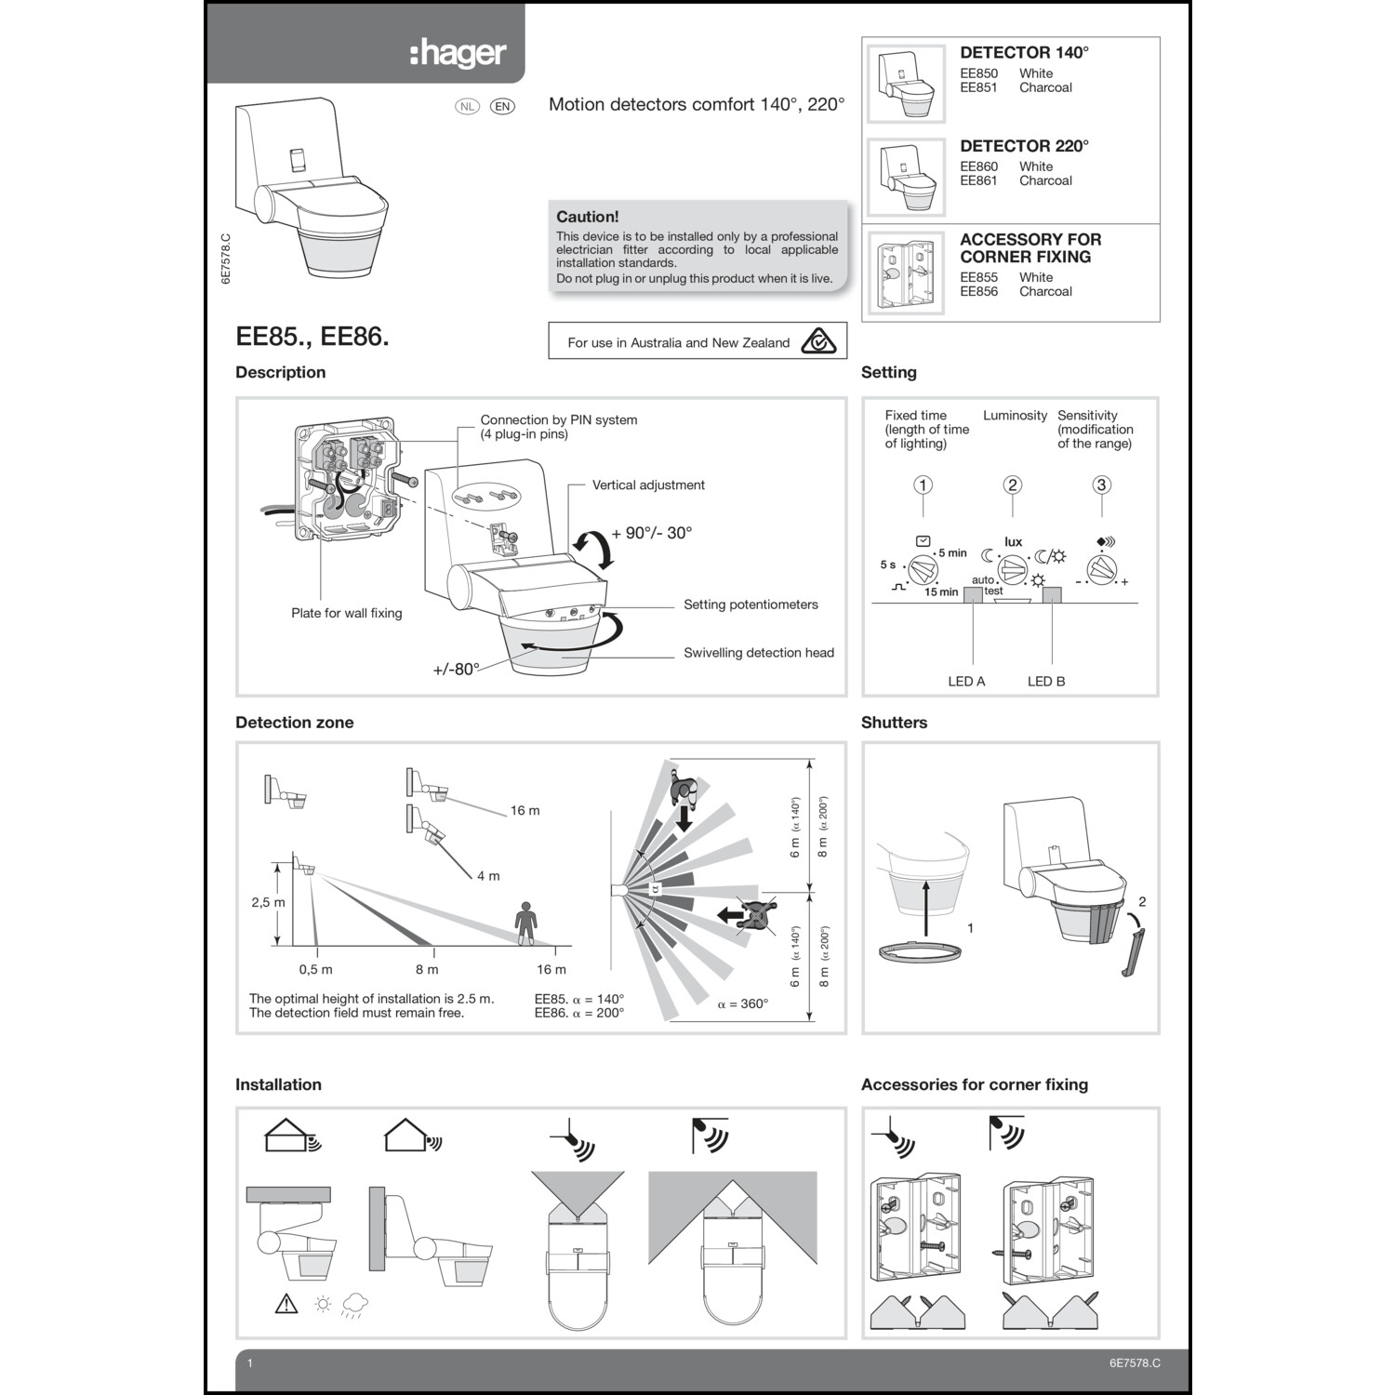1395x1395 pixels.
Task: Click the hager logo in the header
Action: click(458, 54)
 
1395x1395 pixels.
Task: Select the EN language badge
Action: click(502, 106)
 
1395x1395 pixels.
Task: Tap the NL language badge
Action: click(467, 106)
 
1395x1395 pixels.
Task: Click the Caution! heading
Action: click(587, 217)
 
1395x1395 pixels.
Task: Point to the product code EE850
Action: click(978, 73)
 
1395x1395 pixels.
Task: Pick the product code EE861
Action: click(978, 180)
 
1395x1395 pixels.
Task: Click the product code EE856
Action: click(978, 291)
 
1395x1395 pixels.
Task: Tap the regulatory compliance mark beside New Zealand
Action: click(818, 341)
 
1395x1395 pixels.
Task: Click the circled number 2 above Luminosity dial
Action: click(1012, 485)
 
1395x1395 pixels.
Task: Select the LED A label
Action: click(966, 681)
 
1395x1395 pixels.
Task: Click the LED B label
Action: click(1046, 681)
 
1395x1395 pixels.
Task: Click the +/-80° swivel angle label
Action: click(456, 669)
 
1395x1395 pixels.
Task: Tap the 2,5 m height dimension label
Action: click(268, 902)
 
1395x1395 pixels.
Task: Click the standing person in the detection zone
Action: click(526, 923)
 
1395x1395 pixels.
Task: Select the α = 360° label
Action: click(742, 1003)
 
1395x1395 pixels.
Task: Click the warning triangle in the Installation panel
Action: click(286, 1304)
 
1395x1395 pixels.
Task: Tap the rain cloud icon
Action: click(354, 1304)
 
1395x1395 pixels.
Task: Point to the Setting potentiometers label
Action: click(751, 604)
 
